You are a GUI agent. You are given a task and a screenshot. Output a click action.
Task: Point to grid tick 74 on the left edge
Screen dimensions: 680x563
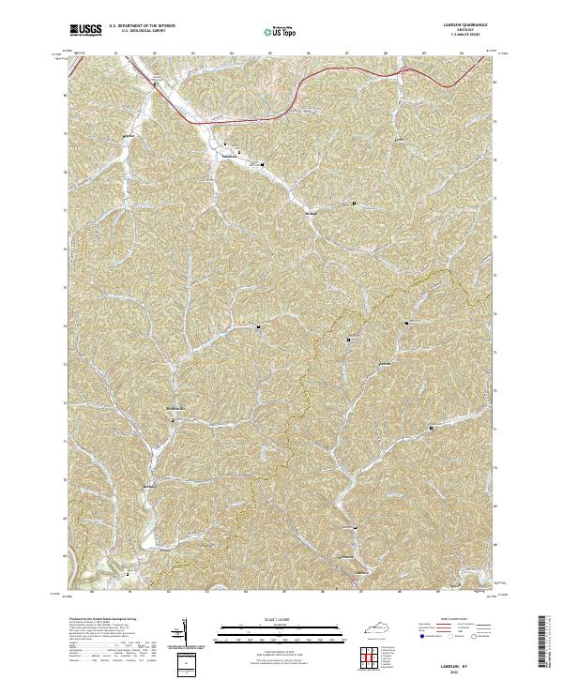click(65, 249)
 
